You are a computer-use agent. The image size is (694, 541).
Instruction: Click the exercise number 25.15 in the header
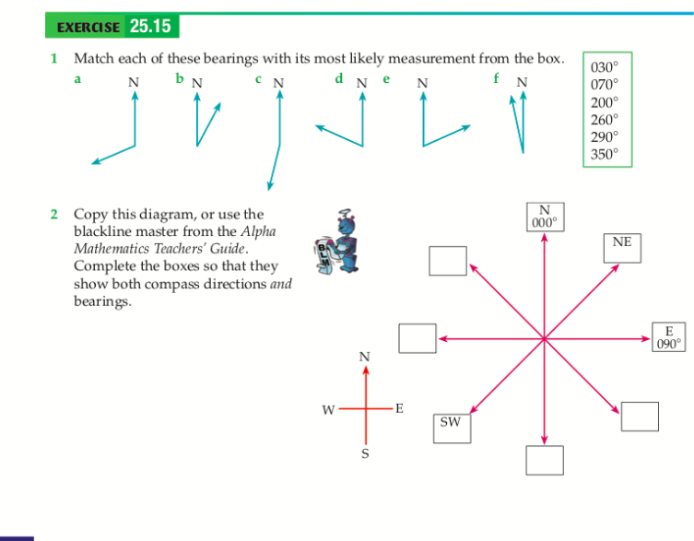point(150,27)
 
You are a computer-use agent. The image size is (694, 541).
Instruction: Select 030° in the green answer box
point(605,67)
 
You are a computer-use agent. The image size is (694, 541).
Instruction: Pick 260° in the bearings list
point(605,120)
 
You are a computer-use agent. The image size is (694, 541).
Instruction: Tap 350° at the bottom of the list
point(605,155)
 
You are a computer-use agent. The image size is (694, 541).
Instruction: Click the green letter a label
point(77,79)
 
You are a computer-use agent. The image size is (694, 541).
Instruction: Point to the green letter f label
point(497,79)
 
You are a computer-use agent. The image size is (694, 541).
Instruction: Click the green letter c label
point(260,79)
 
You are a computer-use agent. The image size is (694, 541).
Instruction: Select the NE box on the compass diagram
point(622,242)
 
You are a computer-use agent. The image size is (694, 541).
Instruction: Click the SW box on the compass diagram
point(451,424)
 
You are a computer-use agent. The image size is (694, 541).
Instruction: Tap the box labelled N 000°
point(545,216)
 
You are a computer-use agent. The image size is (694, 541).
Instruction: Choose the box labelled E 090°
point(669,337)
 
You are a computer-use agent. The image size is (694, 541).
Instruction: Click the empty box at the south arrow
point(545,458)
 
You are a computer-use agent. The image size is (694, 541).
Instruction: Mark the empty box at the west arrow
point(417,337)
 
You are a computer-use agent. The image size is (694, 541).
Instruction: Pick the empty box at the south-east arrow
point(640,416)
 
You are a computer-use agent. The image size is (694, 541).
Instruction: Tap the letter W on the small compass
point(327,409)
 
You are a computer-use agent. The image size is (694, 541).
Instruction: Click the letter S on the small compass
point(365,453)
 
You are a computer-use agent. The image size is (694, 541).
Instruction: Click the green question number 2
point(53,214)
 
